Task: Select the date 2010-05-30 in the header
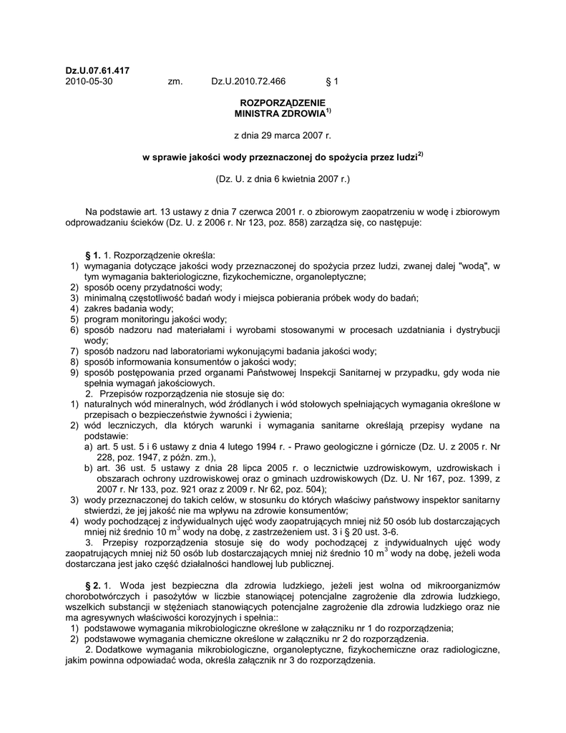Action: pyautogui.click(x=89, y=82)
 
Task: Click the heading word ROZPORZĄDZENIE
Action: pyautogui.click(x=283, y=104)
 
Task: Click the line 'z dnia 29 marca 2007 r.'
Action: pyautogui.click(x=283, y=135)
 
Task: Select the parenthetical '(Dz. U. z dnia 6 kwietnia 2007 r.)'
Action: pyautogui.click(x=283, y=178)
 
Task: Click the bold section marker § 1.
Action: pyautogui.click(x=92, y=256)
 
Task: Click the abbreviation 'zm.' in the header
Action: pyautogui.click(x=175, y=82)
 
